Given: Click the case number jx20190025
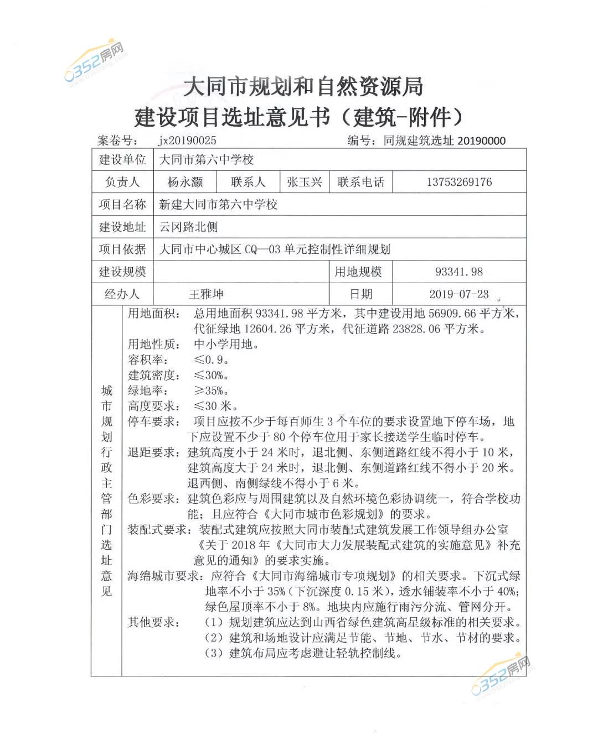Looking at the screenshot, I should click(x=187, y=140).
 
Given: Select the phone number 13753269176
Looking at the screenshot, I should click(x=458, y=182).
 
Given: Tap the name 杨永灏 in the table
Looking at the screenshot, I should click(x=185, y=182).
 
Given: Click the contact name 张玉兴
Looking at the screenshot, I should click(x=304, y=182).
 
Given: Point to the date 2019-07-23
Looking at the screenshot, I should click(x=458, y=294).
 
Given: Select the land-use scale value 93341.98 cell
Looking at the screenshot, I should click(x=458, y=272).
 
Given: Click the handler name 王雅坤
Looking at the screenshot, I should click(x=206, y=294).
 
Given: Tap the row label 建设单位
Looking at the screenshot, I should click(x=122, y=160).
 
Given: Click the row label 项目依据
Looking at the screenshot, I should click(x=122, y=249).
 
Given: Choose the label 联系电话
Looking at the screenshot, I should click(x=360, y=182).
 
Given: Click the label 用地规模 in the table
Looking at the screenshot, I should click(x=358, y=272).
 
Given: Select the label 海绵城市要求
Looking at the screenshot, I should click(x=164, y=576).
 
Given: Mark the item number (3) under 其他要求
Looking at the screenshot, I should click(x=214, y=653).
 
